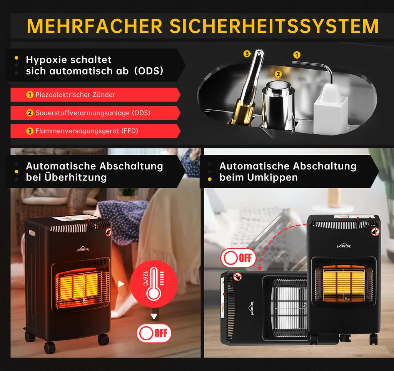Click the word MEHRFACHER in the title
click(x=95, y=26)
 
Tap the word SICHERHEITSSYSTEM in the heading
click(x=274, y=26)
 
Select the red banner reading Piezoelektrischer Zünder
click(x=95, y=95)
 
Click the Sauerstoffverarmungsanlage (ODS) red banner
click(x=95, y=113)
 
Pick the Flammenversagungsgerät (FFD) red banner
click(x=95, y=131)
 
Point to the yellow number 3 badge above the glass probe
click(x=247, y=54)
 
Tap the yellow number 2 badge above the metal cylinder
click(x=278, y=74)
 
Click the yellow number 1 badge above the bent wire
click(x=297, y=55)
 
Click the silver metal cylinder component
click(x=278, y=105)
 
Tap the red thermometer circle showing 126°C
click(x=154, y=284)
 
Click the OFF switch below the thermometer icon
click(x=154, y=333)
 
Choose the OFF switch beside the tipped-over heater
click(x=238, y=258)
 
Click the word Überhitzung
click(x=76, y=177)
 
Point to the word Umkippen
click(x=272, y=178)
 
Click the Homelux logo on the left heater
click(x=83, y=249)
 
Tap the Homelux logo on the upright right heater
click(x=344, y=246)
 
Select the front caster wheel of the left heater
click(x=50, y=348)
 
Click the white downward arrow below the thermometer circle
click(x=154, y=316)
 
